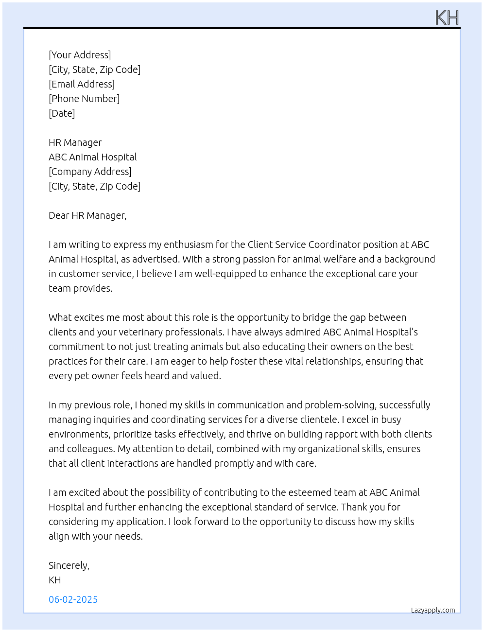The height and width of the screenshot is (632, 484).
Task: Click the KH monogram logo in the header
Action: click(447, 18)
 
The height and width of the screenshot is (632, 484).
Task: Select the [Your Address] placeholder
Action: click(80, 55)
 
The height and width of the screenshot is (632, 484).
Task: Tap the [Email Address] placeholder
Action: click(82, 84)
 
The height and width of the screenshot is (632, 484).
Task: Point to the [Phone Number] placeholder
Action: click(84, 99)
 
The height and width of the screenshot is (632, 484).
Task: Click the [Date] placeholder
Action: click(62, 113)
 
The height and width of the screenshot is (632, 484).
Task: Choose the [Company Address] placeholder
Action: click(90, 172)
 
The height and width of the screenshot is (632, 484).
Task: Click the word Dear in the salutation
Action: click(59, 215)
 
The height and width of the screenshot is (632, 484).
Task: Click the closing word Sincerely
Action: click(69, 565)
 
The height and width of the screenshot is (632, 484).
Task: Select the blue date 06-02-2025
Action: click(73, 599)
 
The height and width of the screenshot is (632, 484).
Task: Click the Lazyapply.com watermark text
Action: click(433, 610)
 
